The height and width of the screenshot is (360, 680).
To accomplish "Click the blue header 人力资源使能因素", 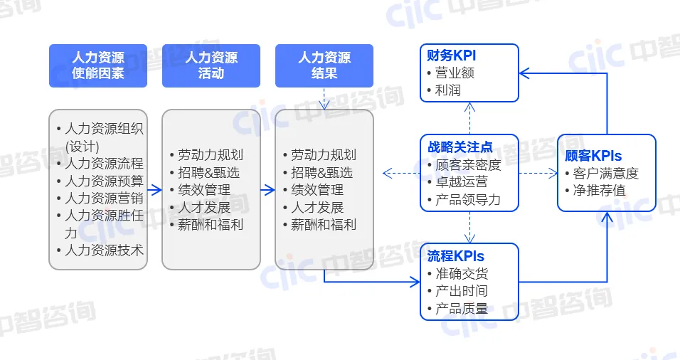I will click(x=98, y=65).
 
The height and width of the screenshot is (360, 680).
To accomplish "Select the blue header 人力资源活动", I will click(x=211, y=65).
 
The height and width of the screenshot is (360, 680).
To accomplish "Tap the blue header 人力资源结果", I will click(x=324, y=65).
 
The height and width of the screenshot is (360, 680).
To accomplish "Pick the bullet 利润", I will click(x=449, y=90).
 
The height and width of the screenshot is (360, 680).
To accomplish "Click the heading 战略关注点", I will click(x=460, y=147).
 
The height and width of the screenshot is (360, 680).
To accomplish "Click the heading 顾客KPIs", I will click(x=593, y=156).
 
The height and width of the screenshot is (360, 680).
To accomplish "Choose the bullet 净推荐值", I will click(x=599, y=191).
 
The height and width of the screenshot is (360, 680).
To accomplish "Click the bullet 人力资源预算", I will click(x=104, y=181).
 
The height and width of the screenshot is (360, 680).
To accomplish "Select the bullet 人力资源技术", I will click(x=104, y=250).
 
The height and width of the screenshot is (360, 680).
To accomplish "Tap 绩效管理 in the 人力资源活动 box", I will click(x=204, y=190).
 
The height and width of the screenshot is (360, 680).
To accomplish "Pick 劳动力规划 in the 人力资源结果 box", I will click(x=324, y=155).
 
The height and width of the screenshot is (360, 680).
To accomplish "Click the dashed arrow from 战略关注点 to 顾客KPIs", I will click(x=537, y=173).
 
